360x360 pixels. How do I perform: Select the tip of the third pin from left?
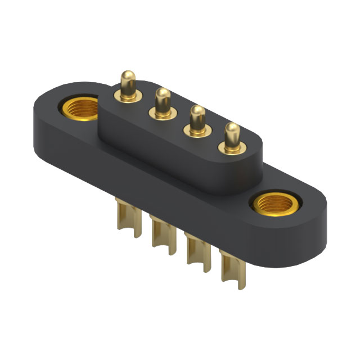point(196,110)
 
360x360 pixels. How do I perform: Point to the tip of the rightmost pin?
point(231,128)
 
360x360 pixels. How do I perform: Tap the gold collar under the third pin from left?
point(196,133)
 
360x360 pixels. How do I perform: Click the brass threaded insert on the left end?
point(79,107)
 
